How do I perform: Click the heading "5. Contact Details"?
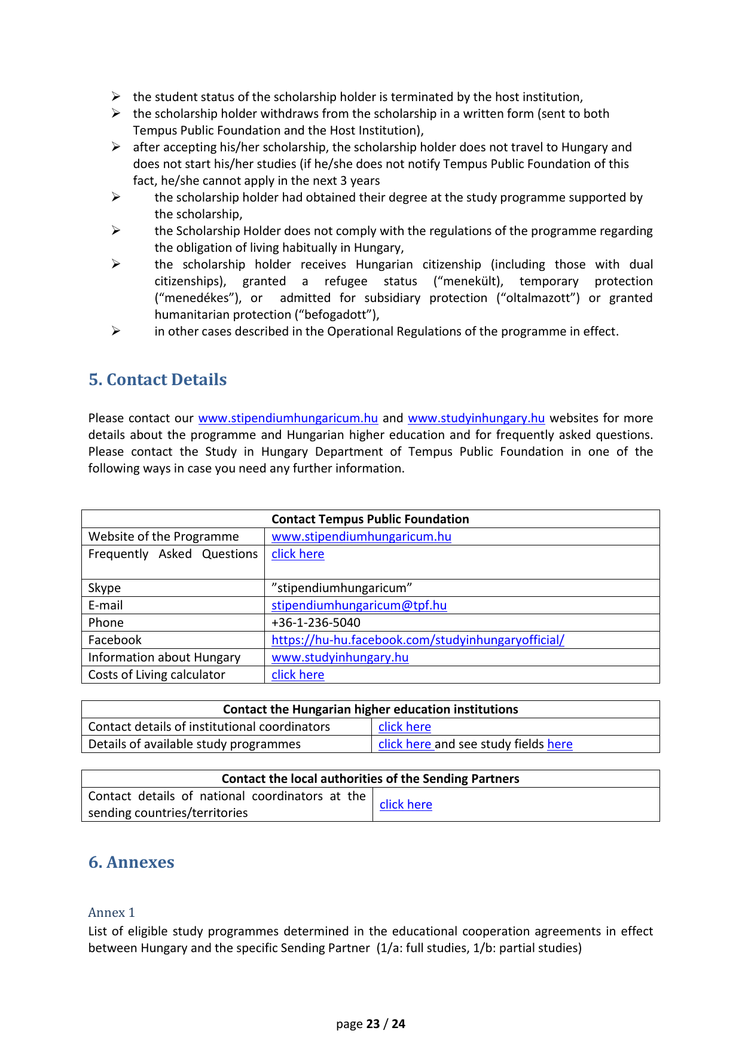click(157, 380)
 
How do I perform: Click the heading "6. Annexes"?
click(131, 862)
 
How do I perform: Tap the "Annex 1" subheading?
click(111, 913)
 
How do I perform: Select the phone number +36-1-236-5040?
click(316, 623)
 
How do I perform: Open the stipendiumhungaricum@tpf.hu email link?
click(359, 605)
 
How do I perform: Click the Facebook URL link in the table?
click(417, 640)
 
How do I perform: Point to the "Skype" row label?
click(105, 588)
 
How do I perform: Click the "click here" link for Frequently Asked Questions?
click(298, 554)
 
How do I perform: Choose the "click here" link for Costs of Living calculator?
click(298, 675)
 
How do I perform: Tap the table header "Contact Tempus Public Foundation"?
click(370, 519)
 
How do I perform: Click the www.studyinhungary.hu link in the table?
click(340, 657)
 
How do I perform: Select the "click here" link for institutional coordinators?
click(405, 727)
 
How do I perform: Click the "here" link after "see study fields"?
click(560, 744)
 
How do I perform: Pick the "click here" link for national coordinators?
click(406, 804)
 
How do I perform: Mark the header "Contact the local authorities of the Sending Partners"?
click(370, 779)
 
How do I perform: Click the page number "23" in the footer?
click(373, 1024)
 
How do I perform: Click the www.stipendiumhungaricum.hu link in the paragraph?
click(288, 418)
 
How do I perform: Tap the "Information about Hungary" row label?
click(164, 657)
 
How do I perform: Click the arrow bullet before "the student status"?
click(116, 97)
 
